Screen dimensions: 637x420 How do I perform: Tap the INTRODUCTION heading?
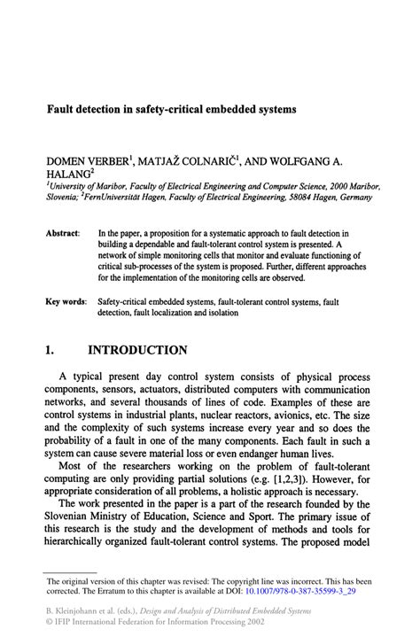pos(136,351)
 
